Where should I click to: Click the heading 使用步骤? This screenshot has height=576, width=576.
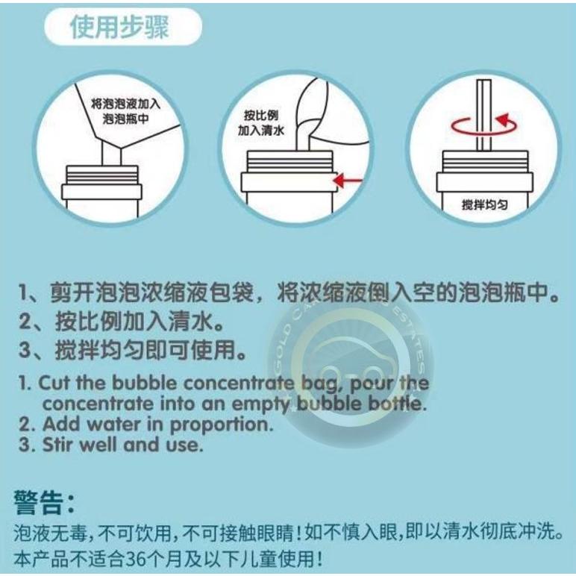119,28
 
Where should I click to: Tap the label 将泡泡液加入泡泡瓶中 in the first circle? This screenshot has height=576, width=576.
125,112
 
